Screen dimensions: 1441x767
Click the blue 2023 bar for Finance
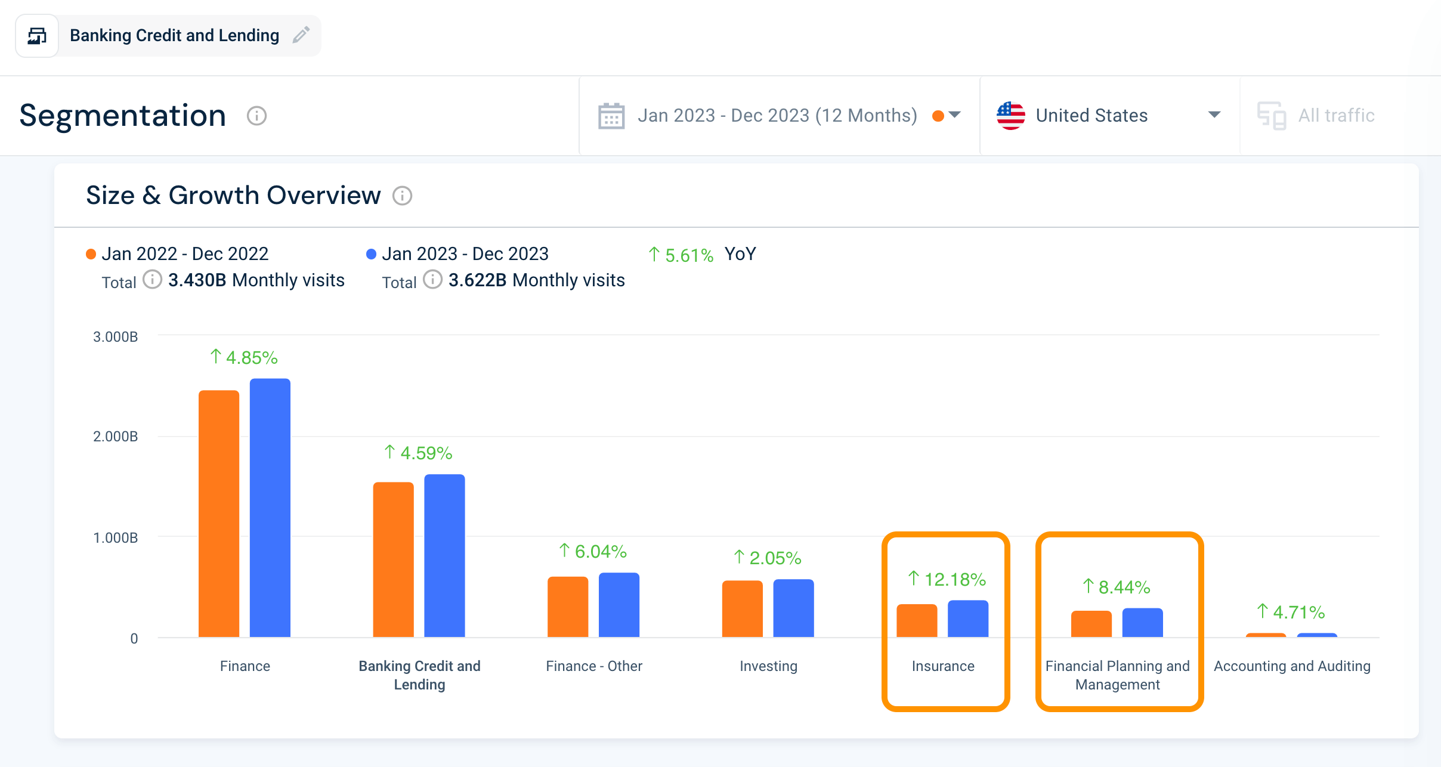(270, 508)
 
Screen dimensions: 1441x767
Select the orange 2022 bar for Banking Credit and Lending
(393, 559)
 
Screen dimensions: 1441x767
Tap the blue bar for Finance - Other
(619, 605)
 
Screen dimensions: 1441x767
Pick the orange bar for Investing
(743, 608)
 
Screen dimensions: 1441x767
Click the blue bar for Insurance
(968, 618)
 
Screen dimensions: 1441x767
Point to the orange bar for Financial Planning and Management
(1091, 624)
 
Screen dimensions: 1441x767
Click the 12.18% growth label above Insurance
(947, 579)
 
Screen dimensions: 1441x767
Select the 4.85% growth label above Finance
(244, 357)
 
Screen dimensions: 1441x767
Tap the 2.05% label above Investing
(768, 558)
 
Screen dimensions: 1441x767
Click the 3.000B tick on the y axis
(116, 337)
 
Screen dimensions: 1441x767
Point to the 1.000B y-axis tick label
(116, 538)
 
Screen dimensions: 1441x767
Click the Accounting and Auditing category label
(1292, 666)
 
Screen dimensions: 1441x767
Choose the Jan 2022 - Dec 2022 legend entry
(178, 254)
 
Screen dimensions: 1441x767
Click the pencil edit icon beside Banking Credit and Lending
(301, 35)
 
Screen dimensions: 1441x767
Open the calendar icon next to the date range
(611, 116)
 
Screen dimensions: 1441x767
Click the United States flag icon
(1011, 116)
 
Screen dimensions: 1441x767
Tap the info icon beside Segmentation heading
(257, 116)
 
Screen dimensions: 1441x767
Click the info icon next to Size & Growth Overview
(403, 196)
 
